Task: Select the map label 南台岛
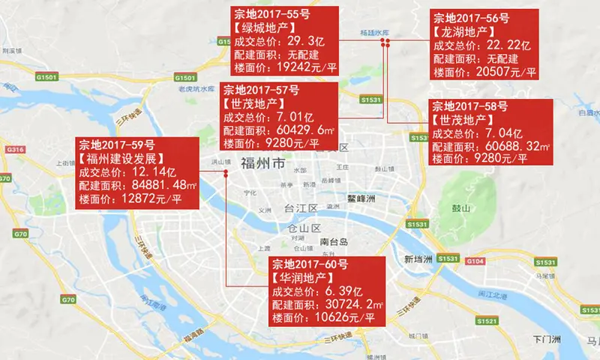point(334,242)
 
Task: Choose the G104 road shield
point(475,261)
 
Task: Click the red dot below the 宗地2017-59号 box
point(225,173)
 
